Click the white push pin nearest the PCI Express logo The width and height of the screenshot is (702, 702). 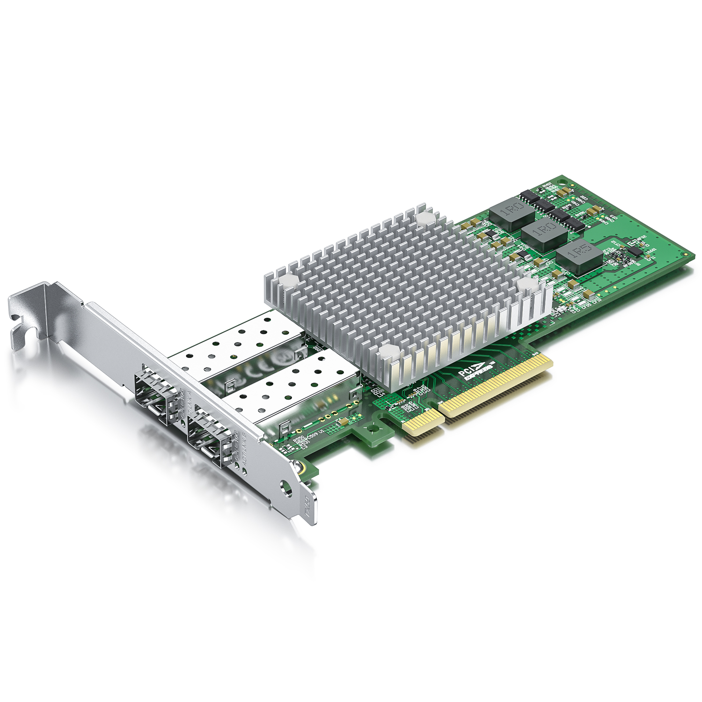388,351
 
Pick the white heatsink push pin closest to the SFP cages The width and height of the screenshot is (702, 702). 286,281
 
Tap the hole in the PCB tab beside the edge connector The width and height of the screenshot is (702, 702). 373,428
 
